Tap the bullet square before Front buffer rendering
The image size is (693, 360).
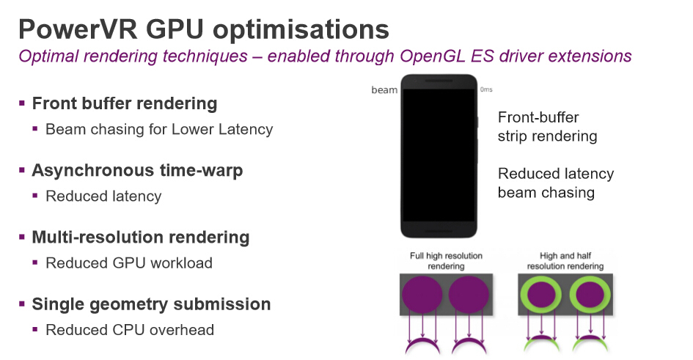click(23, 103)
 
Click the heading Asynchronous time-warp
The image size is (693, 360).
click(137, 170)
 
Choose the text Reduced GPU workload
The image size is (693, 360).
click(129, 262)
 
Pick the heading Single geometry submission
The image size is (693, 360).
click(151, 304)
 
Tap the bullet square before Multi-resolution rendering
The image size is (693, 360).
click(23, 237)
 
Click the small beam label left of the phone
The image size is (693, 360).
click(384, 90)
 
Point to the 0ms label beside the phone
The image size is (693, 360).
click(486, 89)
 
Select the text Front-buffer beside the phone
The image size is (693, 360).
click(538, 117)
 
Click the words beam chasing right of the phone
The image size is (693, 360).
click(546, 193)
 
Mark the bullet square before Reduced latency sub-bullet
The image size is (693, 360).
click(35, 196)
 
